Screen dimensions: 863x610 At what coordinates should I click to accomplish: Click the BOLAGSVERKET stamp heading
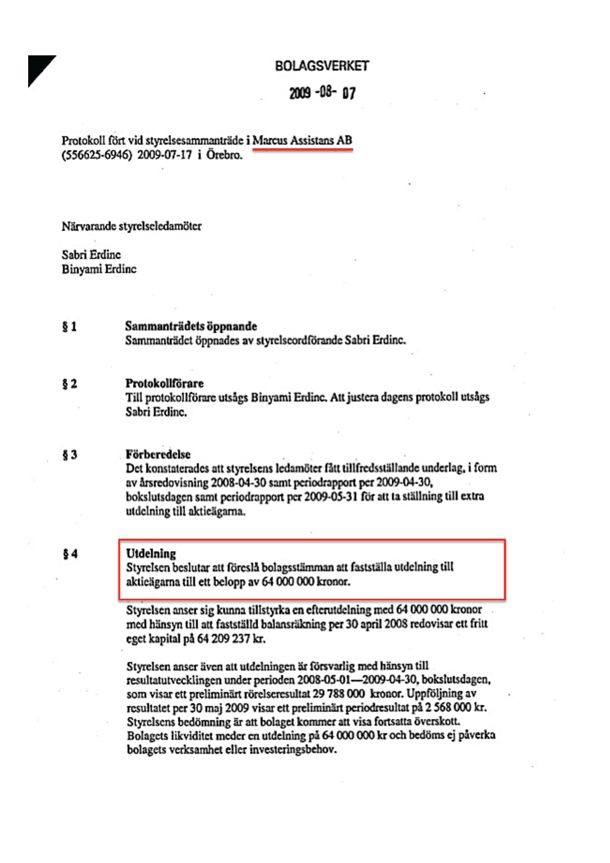click(x=322, y=66)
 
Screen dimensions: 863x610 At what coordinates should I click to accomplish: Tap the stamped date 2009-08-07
click(x=322, y=93)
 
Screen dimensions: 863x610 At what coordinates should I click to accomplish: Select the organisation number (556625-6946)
click(x=97, y=155)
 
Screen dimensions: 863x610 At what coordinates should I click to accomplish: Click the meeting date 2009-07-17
click(x=164, y=155)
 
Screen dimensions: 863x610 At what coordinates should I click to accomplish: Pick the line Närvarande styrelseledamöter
click(x=131, y=226)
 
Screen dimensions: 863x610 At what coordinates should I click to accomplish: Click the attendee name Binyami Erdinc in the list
click(x=99, y=269)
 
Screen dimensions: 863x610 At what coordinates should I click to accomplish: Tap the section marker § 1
click(x=69, y=327)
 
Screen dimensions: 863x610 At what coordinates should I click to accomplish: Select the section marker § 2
click(x=69, y=384)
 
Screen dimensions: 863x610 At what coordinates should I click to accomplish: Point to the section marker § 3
click(x=69, y=455)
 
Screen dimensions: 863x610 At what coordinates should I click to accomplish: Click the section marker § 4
click(x=70, y=554)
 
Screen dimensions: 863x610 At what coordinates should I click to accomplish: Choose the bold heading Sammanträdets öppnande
click(x=191, y=326)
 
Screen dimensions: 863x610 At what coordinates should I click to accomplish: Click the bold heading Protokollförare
click(x=164, y=383)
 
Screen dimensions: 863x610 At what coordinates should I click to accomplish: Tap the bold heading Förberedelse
click(x=158, y=454)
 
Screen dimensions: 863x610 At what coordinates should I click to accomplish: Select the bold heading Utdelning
click(x=151, y=553)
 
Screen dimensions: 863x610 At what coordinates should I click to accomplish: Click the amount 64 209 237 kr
click(x=231, y=639)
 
